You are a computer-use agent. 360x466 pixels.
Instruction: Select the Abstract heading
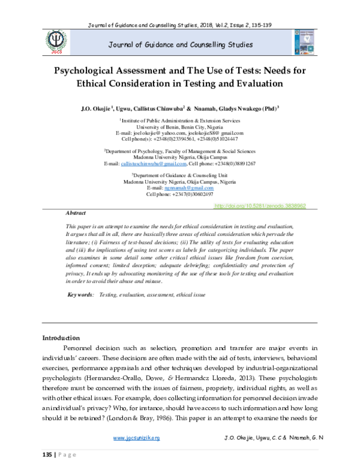pyautogui.click(x=76, y=213)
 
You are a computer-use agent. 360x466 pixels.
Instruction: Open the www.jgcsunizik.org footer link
pyautogui.click(x=137, y=439)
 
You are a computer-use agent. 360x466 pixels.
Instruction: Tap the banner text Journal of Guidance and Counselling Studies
pyautogui.click(x=180, y=45)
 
